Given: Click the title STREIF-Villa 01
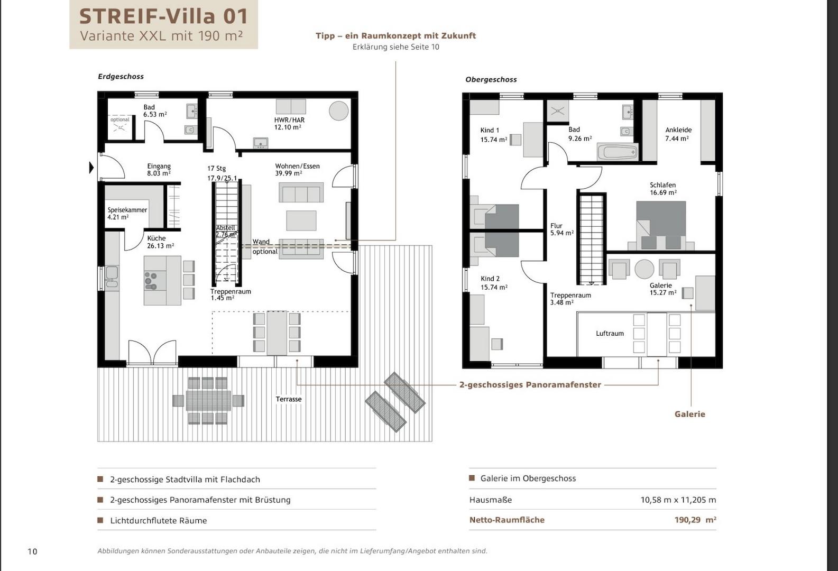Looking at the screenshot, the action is [164, 16].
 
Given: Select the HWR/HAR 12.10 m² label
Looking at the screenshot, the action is [289, 124].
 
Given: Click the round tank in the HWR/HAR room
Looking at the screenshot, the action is [338, 110].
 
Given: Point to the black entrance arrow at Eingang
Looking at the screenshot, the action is [91, 167].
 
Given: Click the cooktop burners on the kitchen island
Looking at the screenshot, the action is [151, 280].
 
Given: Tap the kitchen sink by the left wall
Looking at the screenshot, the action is [112, 276].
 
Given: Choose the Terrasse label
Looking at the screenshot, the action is [289, 399].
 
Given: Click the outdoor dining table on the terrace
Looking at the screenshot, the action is [208, 401].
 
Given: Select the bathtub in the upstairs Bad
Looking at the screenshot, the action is [618, 152].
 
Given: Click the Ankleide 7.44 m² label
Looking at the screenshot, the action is [678, 134].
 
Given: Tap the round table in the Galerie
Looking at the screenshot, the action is [644, 269].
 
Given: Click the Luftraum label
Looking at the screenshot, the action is [610, 334].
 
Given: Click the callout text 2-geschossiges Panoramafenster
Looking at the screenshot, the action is [530, 385].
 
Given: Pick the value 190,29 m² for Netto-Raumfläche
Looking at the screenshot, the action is [695, 520].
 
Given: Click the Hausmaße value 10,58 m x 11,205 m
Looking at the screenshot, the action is [678, 500].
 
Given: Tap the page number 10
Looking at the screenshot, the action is [33, 551].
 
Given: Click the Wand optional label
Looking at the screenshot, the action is [265, 246].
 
